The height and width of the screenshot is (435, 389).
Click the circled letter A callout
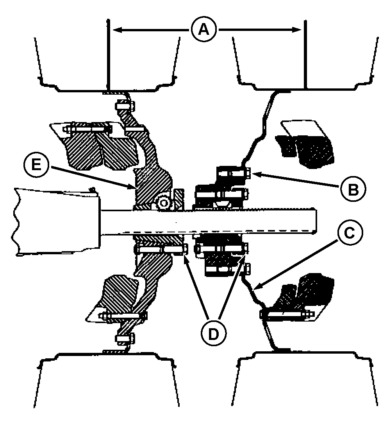204,29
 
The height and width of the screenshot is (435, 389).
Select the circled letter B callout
353,190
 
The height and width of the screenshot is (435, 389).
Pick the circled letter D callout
213,334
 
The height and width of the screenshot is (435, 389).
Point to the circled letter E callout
36,165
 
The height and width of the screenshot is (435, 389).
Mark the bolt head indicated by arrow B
248,174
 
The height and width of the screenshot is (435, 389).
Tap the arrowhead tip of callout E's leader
136,189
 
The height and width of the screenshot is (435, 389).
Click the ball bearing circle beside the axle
164,203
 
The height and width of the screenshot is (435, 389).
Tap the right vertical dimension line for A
305,54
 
